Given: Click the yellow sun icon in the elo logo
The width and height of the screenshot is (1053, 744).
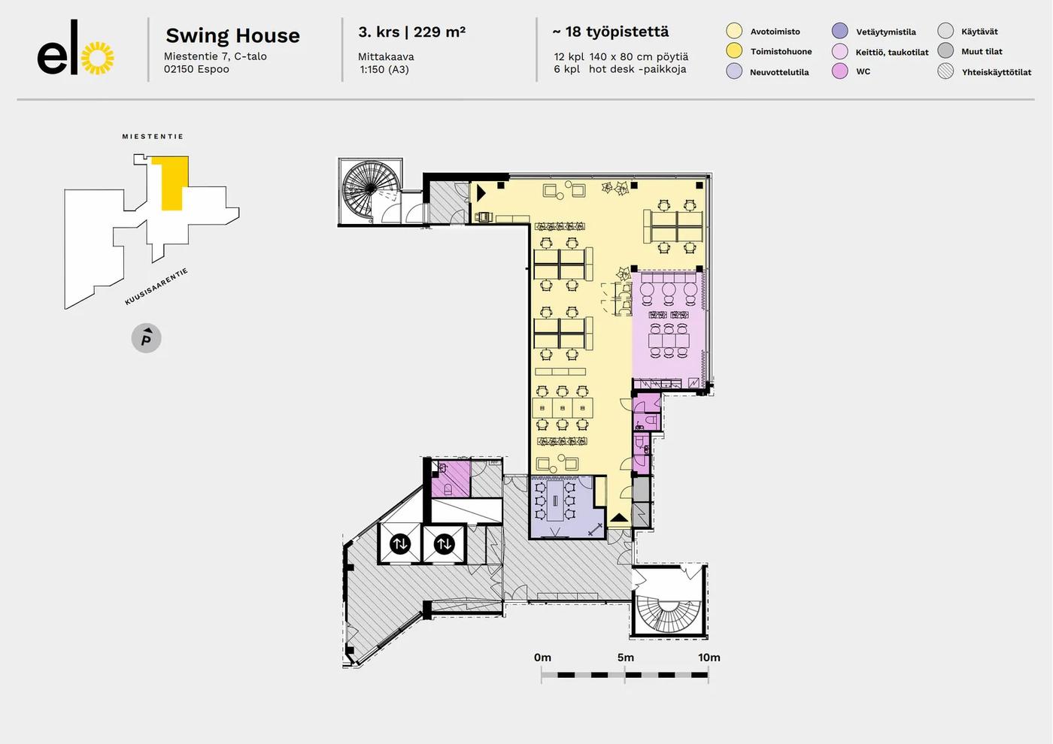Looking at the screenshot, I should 97,58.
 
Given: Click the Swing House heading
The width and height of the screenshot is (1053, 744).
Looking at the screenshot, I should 232,35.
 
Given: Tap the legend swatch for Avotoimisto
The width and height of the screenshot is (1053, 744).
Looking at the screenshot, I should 734,31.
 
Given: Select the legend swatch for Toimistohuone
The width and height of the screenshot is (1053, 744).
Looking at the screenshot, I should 734,50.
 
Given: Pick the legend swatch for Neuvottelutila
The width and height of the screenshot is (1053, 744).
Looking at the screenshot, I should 734,71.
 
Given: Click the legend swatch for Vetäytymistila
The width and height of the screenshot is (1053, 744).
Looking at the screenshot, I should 840,31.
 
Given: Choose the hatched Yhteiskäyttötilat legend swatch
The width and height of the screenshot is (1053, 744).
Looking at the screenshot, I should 945,71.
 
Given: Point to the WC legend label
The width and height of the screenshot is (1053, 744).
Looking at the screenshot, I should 863,71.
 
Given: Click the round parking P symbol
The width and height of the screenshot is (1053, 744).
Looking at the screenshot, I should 147,338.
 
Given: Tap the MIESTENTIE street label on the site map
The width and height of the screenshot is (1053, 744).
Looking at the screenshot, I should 153,137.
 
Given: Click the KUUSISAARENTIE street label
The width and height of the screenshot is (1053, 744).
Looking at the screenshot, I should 156,287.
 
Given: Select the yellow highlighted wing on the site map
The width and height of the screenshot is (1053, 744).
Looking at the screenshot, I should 171,183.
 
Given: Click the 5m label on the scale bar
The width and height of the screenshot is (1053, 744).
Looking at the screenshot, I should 626,658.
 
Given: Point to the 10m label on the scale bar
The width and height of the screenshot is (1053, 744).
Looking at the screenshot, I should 709,658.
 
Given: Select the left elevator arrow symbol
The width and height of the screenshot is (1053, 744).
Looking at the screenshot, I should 400,543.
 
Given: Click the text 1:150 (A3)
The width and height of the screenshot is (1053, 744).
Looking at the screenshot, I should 384,69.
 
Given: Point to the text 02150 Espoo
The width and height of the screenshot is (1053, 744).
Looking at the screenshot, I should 196,69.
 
